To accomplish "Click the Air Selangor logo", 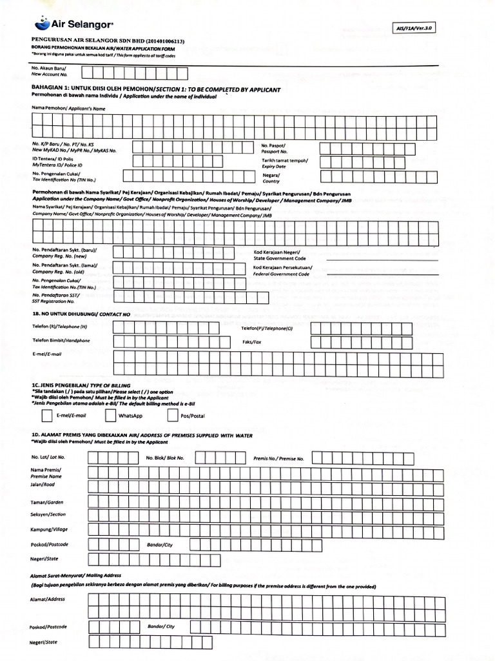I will coord(74,24).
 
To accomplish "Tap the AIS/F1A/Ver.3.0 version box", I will coord(417,28).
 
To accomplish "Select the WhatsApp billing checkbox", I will coord(110,415).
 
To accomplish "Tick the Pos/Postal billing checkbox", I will coord(172,415).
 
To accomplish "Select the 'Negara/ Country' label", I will coord(271,178).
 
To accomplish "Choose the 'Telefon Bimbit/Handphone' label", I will coord(61,340).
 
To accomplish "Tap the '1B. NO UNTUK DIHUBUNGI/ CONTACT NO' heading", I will coord(81,314).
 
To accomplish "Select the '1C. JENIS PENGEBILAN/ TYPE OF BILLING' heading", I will coord(80,385).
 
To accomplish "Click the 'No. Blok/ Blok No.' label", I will coord(165,458).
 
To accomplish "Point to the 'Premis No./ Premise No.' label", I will coord(278,458).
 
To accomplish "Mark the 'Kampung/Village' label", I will coord(49,529).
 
